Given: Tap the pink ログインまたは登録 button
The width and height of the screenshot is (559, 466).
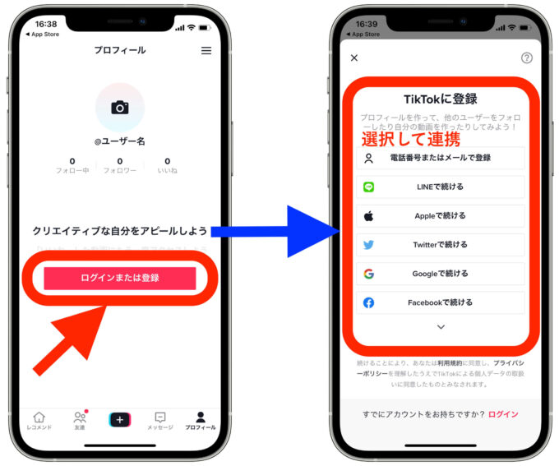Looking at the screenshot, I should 120,278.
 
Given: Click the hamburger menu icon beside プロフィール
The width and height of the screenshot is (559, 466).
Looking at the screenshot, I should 206,50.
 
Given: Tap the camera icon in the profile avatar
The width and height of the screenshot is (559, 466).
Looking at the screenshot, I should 120,108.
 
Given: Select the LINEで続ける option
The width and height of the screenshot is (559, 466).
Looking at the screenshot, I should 441,187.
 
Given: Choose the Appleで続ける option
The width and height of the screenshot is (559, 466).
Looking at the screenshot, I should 441,215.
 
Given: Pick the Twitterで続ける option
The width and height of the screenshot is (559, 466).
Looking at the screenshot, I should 441,244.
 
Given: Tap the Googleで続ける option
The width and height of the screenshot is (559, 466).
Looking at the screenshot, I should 441,274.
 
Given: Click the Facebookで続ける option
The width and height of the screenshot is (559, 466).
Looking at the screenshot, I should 441,302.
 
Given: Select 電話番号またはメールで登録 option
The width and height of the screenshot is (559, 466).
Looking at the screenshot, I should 441,158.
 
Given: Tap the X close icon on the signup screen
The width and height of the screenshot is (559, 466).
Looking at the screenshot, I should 354,58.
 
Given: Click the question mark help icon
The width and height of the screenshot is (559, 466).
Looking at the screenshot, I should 527,58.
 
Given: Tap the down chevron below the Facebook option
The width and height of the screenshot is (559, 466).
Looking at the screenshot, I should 441,327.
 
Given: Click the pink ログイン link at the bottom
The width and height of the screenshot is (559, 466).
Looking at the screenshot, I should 503,414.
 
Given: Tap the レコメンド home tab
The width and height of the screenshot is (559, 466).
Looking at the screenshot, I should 39,421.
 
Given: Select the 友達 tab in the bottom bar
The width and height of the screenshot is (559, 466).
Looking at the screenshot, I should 80,421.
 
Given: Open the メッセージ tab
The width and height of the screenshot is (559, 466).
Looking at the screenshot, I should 160,421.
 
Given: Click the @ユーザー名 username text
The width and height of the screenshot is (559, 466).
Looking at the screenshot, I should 120,141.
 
